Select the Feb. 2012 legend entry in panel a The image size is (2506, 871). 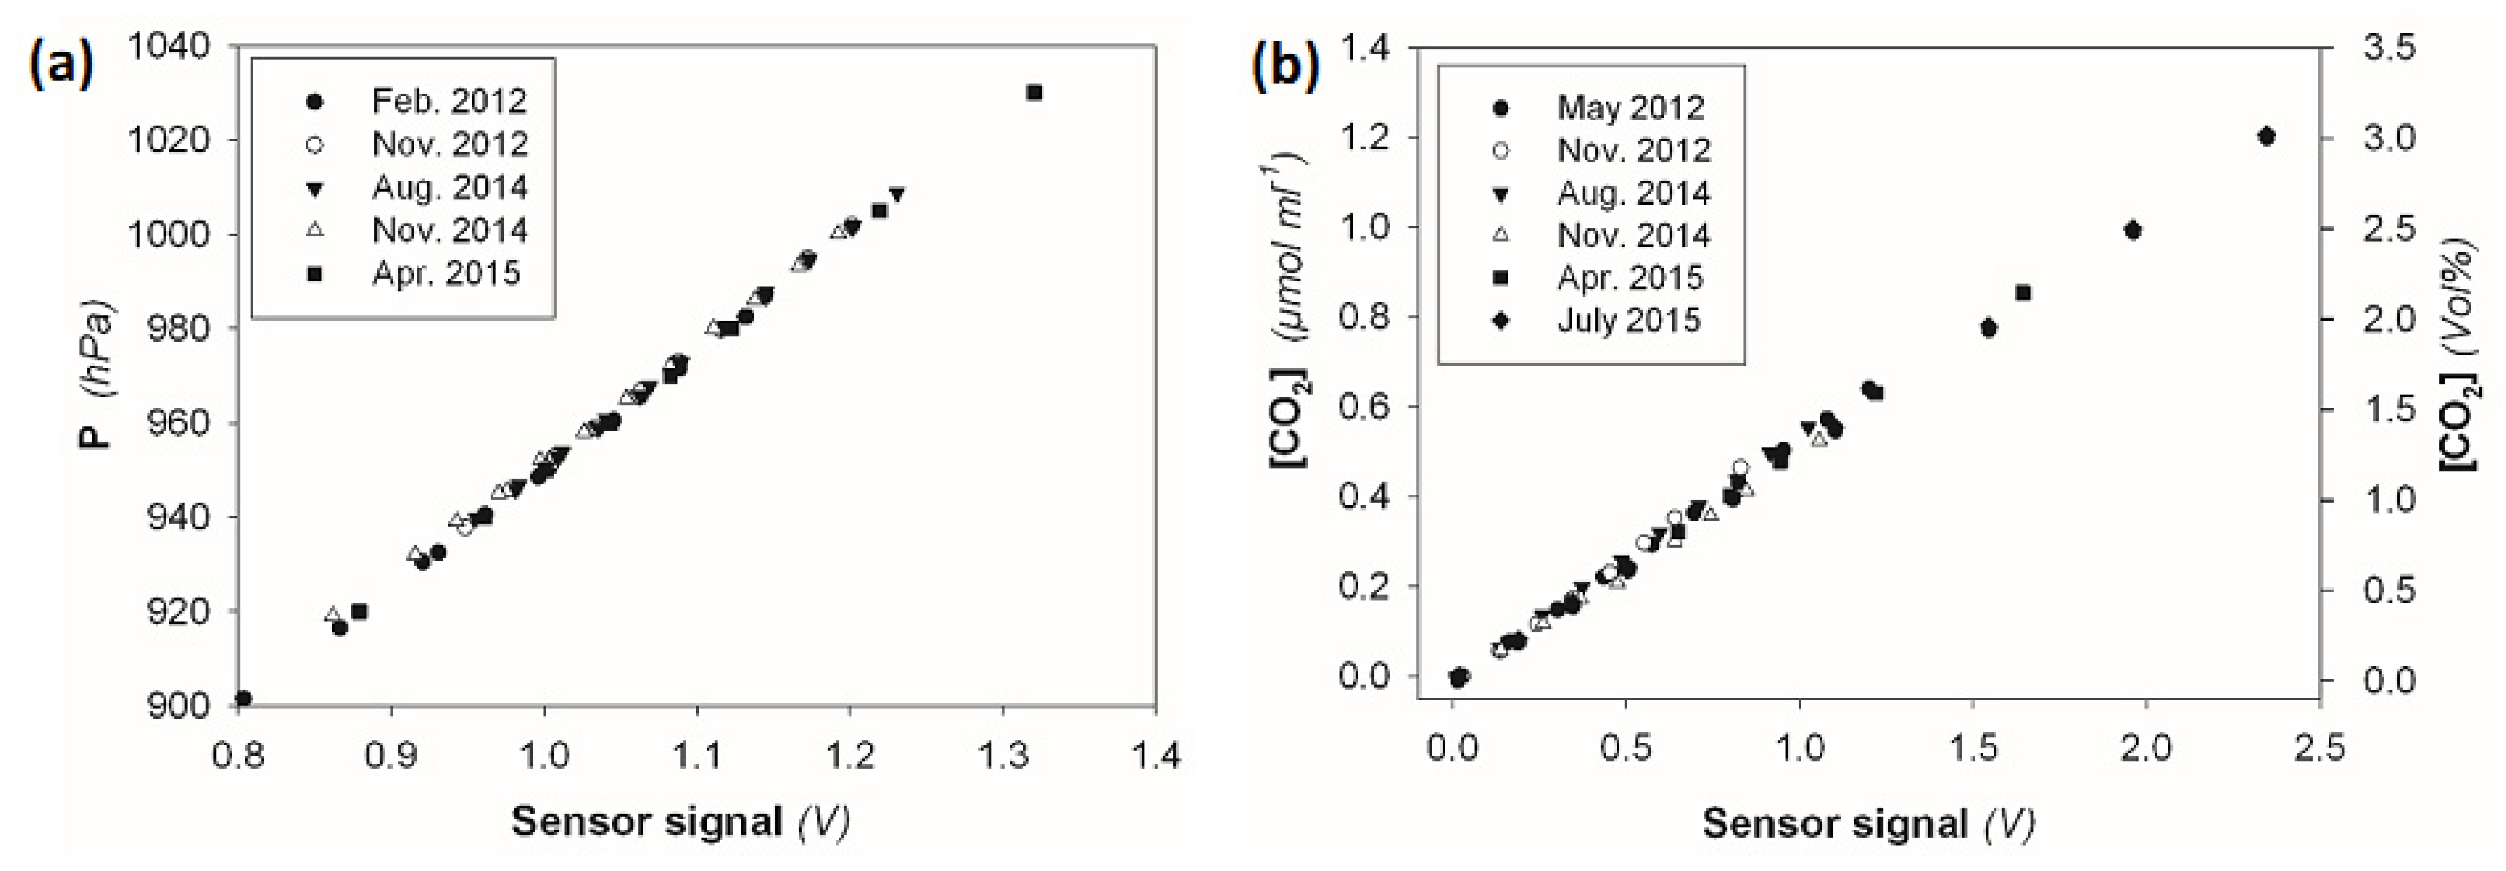419,101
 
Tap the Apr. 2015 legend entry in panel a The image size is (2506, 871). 419,274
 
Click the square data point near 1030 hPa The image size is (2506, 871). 1034,92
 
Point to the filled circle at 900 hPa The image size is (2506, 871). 243,698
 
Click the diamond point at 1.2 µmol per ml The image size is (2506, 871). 2265,137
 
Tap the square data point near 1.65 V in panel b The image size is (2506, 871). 2024,293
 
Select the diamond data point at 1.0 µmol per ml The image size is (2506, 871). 2134,230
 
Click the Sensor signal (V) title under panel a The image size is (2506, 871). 681,822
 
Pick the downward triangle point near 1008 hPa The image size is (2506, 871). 897,194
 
